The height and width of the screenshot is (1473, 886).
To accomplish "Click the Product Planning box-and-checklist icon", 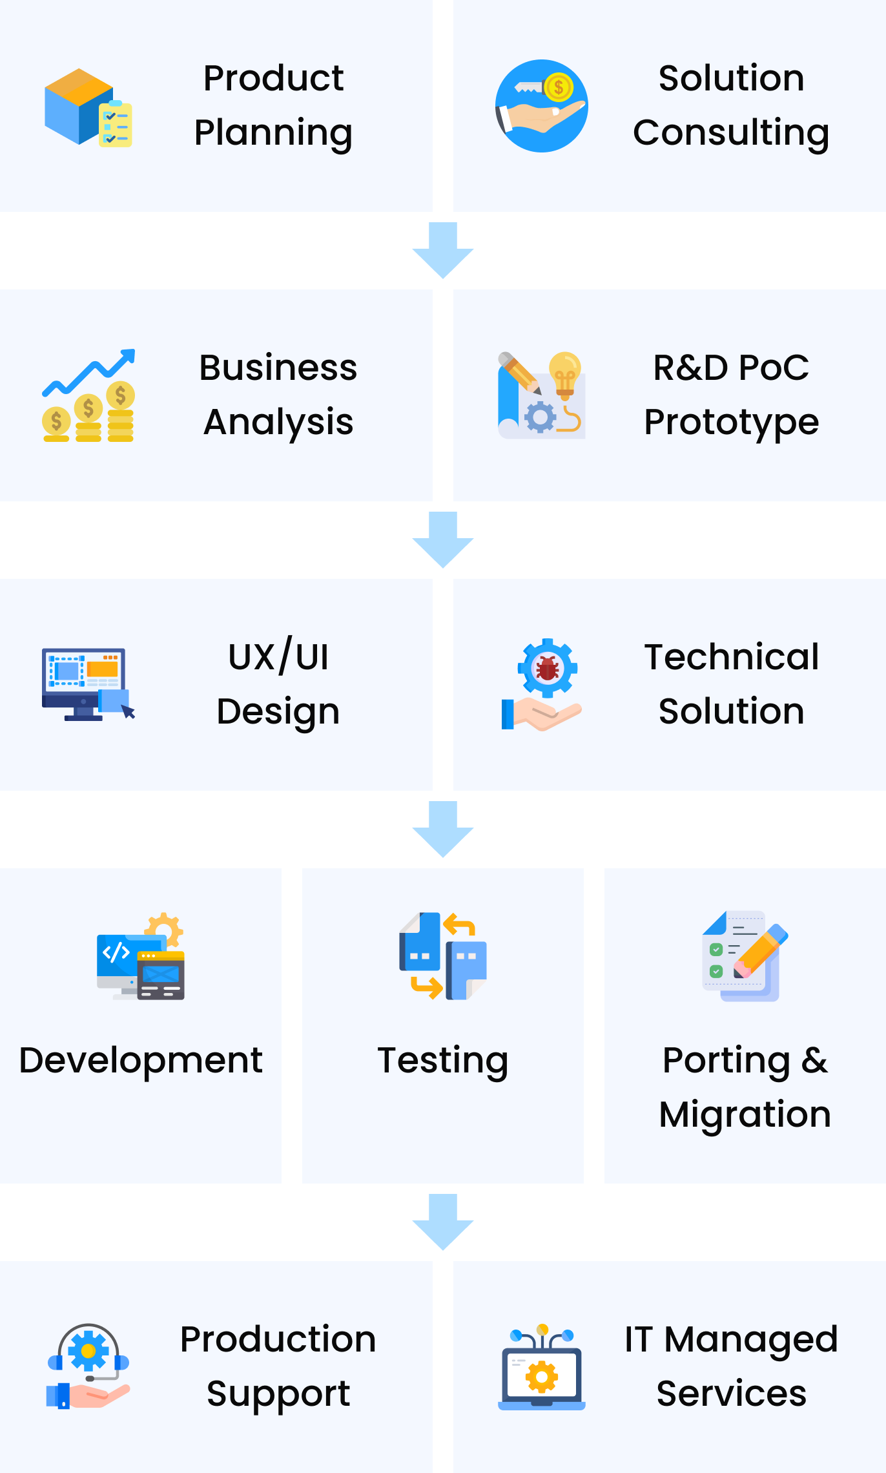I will (88, 107).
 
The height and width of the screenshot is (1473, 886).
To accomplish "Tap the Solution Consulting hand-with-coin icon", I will (541, 106).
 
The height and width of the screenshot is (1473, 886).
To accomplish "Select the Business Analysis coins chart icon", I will (88, 395).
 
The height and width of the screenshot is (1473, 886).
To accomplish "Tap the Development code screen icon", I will (141, 956).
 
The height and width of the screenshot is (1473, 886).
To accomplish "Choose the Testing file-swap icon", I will (443, 956).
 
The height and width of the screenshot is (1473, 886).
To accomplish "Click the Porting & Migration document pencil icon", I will (745, 956).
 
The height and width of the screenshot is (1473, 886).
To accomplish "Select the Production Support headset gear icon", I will (88, 1366).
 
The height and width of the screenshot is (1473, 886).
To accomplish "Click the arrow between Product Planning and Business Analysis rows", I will (443, 251).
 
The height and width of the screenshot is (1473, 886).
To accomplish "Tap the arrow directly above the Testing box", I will (443, 830).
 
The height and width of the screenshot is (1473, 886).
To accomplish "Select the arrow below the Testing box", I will (443, 1222).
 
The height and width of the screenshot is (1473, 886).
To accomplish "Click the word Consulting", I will (731, 133).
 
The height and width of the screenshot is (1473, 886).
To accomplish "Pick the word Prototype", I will (731, 423).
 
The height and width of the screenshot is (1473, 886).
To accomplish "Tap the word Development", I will (141, 1061).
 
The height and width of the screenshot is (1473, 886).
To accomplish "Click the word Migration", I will (745, 1115).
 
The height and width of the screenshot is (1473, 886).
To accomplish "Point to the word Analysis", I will (278, 423).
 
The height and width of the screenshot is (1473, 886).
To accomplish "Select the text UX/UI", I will (278, 658).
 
